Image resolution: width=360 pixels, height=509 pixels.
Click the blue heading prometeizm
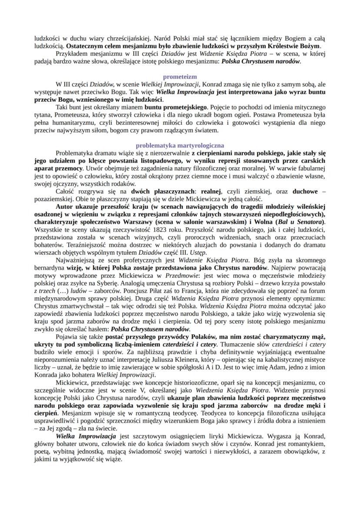click(180, 77)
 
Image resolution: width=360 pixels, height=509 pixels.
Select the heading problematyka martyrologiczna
click(180, 146)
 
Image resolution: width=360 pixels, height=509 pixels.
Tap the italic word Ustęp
click(197, 253)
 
